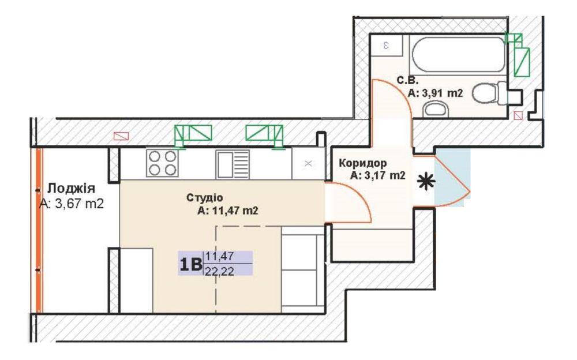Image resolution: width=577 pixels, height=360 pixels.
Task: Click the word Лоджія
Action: click(71, 189)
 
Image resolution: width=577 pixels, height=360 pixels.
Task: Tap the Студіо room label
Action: click(205, 198)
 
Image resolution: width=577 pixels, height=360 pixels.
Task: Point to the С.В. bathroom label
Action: click(407, 80)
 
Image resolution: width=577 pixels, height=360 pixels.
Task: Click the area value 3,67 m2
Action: click(80, 204)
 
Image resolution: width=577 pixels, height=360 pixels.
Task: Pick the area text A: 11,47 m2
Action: click(228, 211)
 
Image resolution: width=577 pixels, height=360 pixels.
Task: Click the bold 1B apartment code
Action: click(190, 264)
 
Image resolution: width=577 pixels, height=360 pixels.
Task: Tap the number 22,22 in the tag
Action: click(220, 271)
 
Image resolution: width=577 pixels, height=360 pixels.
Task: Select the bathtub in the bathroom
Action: click(459, 54)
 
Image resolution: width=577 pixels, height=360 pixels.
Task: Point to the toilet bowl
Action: click(489, 93)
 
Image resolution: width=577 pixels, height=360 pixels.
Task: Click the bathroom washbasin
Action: click(436, 110)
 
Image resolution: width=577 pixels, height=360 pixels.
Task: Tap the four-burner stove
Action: click(162, 163)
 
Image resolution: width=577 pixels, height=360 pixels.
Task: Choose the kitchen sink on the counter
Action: click(233, 164)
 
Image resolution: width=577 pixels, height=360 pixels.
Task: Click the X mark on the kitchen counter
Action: click(308, 164)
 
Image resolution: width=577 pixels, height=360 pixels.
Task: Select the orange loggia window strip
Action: click(39, 230)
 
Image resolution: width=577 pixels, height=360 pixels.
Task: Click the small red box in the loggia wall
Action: click(121, 136)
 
